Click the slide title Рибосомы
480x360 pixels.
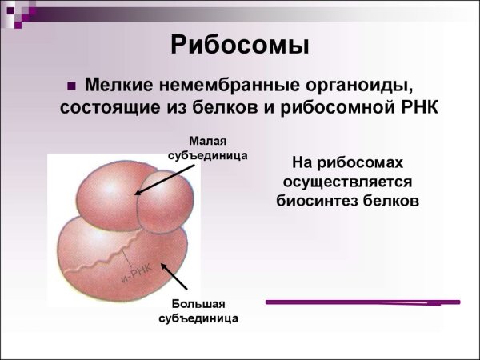(240, 45)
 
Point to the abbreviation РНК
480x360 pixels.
(416, 107)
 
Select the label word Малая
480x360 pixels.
(207, 140)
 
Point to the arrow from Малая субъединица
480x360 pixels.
(164, 178)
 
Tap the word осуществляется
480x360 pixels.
(346, 181)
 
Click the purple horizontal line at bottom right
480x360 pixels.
(362, 302)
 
